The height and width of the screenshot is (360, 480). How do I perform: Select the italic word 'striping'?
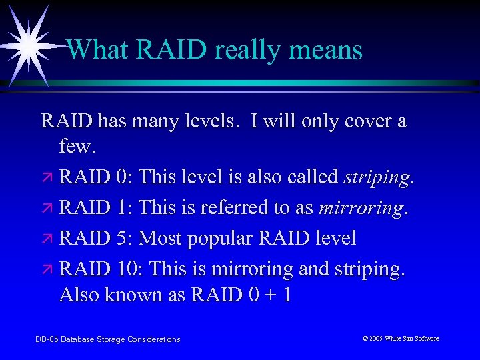[377, 177]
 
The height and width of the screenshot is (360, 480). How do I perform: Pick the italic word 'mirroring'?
[361, 208]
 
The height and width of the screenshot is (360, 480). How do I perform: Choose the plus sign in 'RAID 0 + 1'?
[265, 295]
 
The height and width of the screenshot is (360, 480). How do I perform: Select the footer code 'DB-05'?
[46, 339]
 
